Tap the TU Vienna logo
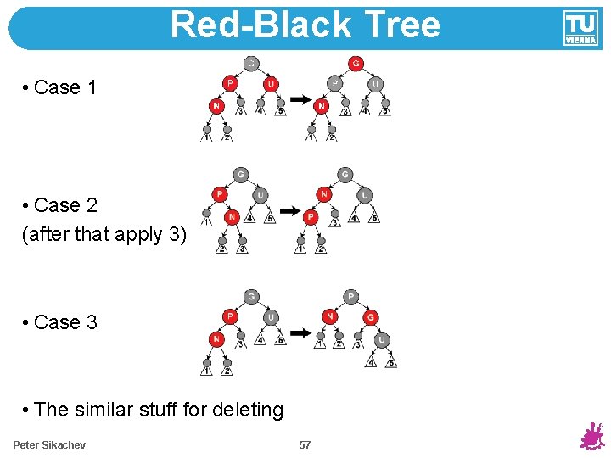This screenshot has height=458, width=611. coord(580,27)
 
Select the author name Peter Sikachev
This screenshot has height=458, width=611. coord(49,444)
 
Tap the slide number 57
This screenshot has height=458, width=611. coord(305,444)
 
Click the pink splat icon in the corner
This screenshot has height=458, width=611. coord(591,435)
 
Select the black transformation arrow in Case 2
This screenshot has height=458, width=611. coord(290,210)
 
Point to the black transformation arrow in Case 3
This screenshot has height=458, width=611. coord(299,332)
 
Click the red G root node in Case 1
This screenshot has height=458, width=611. coord(355,64)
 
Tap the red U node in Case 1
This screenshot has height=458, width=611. coord(271,84)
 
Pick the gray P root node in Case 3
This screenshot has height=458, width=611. coord(350,297)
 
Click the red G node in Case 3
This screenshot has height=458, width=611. coord(370,317)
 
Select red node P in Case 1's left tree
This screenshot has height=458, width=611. coord(230,83)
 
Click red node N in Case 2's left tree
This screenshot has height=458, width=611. coord(231,217)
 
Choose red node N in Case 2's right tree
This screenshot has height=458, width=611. coord(323,195)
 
